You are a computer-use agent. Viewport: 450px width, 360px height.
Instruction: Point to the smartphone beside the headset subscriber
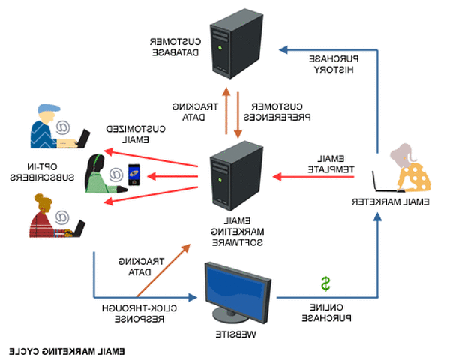tap(133, 178)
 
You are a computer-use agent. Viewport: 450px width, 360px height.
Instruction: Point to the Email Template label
tap(329, 164)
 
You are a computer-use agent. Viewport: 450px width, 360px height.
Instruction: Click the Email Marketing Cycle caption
tap(67, 350)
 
